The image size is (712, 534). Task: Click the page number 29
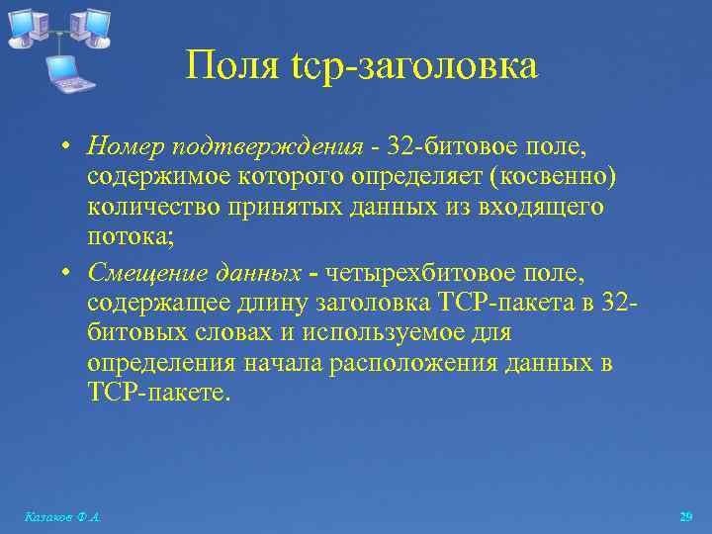tap(685, 517)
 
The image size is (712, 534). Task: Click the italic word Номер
tap(126, 148)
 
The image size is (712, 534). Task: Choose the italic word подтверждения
tap(268, 148)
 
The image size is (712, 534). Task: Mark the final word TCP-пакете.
tap(158, 394)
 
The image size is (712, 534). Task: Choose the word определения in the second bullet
tap(161, 364)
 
